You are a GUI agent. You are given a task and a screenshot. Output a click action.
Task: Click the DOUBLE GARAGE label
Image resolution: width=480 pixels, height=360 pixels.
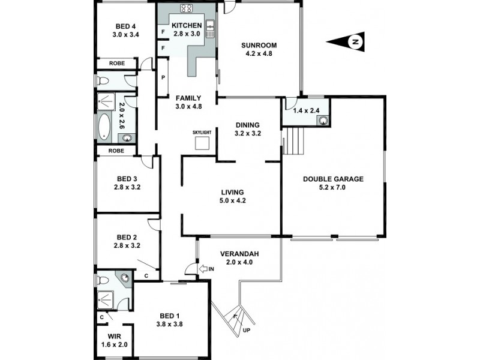[x=334, y=178]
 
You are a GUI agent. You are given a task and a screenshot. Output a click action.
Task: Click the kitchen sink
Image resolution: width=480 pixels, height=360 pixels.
[x=211, y=27]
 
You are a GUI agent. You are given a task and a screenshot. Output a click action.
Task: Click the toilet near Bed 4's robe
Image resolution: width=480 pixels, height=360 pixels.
[x=102, y=80]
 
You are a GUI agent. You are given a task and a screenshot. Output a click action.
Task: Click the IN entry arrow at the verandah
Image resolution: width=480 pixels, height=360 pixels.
[x=204, y=269]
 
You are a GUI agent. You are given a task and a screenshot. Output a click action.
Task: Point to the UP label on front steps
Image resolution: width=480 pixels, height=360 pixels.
[x=245, y=329]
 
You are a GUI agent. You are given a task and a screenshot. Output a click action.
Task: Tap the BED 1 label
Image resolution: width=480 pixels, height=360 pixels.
[x=170, y=316]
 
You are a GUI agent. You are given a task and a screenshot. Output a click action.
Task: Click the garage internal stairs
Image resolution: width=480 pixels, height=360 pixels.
[x=293, y=142]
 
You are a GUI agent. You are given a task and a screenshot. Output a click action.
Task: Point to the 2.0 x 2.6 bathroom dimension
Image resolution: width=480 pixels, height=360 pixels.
[x=122, y=116]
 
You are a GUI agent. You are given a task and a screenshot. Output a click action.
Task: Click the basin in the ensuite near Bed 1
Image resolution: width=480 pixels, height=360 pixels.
[x=124, y=278]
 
